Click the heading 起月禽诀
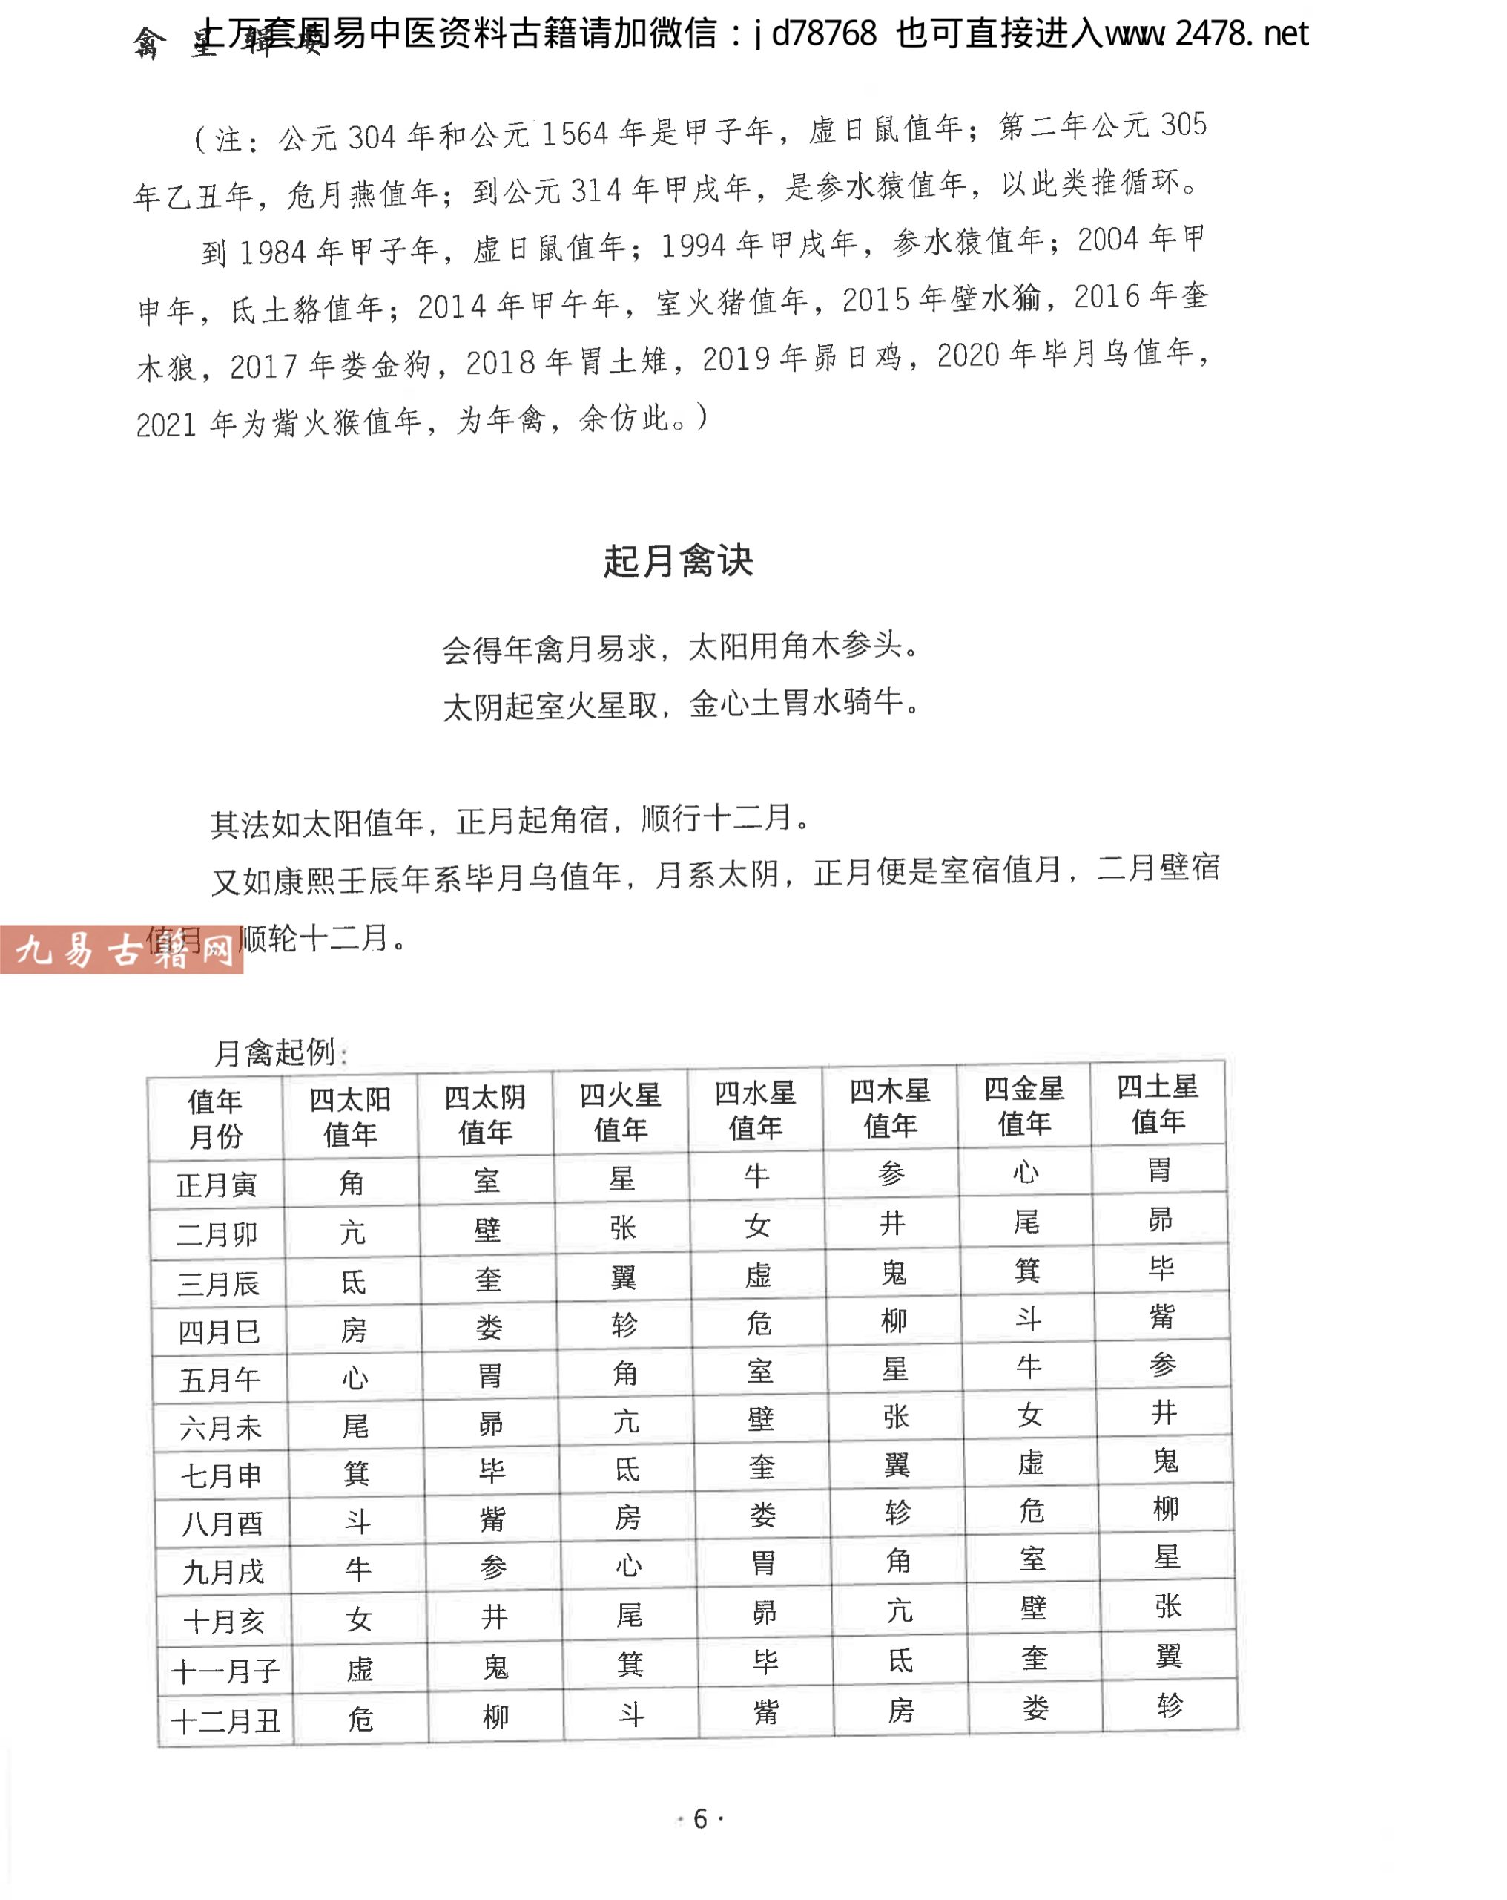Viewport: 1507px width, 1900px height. click(677, 561)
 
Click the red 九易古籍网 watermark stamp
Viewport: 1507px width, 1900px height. click(122, 950)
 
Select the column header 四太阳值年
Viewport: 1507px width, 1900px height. click(349, 1116)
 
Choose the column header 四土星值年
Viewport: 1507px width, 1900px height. click(1158, 1104)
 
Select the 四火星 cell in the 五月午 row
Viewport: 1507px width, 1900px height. click(624, 1373)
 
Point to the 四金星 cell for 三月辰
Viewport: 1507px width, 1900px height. click(1027, 1271)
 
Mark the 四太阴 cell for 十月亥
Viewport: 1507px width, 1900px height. click(494, 1616)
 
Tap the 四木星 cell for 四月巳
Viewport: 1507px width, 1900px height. click(894, 1321)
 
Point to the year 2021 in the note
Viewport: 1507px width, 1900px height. click(165, 425)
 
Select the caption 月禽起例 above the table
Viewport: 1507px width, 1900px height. click(275, 1052)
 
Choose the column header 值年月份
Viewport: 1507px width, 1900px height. click(215, 1118)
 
